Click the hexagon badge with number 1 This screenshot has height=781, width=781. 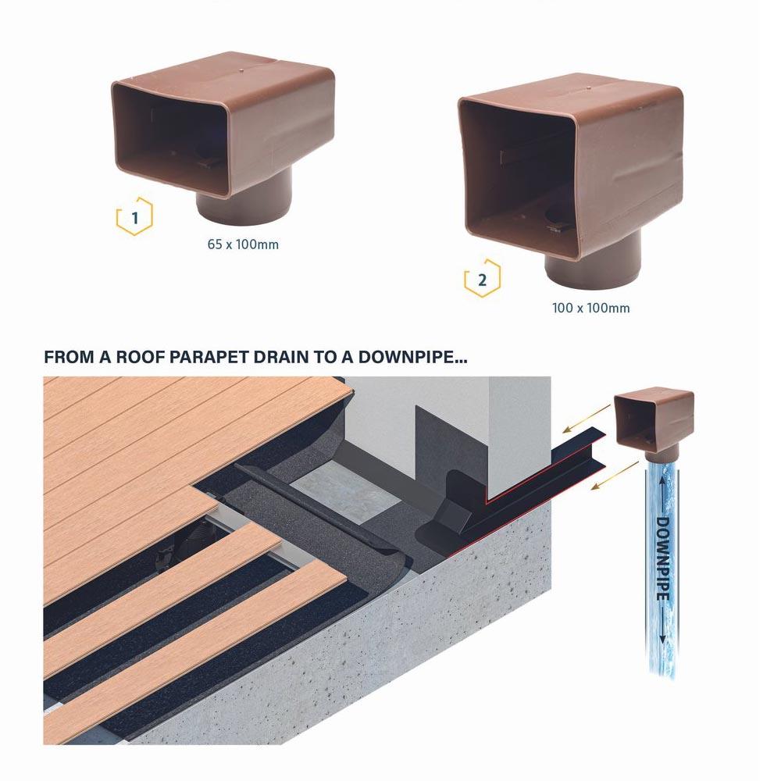click(x=134, y=216)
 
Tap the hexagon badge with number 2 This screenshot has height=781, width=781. click(x=482, y=279)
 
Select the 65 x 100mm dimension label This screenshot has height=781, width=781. click(x=243, y=244)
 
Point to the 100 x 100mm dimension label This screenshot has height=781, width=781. click(x=590, y=308)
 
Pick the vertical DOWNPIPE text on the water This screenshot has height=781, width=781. click(x=662, y=559)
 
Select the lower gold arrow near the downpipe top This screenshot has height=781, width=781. click(x=615, y=475)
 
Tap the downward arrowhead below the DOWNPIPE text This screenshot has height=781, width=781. click(x=662, y=639)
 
